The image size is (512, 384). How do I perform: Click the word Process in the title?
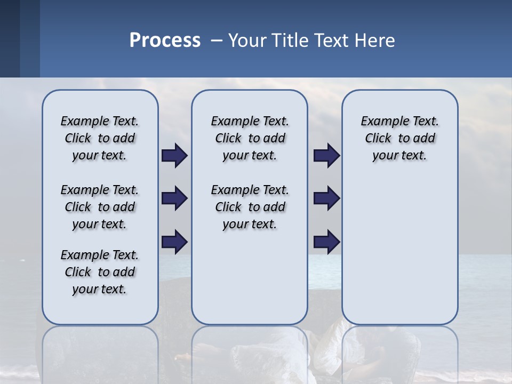tap(165, 41)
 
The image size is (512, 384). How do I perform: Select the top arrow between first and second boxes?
tap(174, 156)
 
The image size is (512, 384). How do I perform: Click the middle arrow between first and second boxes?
tap(174, 199)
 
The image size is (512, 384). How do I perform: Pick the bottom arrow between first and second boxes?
tap(174, 242)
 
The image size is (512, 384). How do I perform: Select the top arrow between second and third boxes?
tap(326, 156)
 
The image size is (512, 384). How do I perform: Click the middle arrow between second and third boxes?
tap(326, 199)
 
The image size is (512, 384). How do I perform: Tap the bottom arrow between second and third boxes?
tap(326, 242)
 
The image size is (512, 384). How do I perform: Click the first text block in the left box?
tap(100, 138)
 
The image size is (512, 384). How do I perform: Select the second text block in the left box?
tap(100, 207)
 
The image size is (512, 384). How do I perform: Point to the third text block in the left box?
tap(100, 272)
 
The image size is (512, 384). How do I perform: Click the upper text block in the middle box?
tap(250, 138)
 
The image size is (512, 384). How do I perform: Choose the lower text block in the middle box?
tap(250, 207)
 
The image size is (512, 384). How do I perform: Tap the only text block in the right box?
tap(399, 138)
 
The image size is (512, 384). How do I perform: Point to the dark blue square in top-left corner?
tap(10, 38)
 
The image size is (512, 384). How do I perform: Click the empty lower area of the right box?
tap(399, 251)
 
